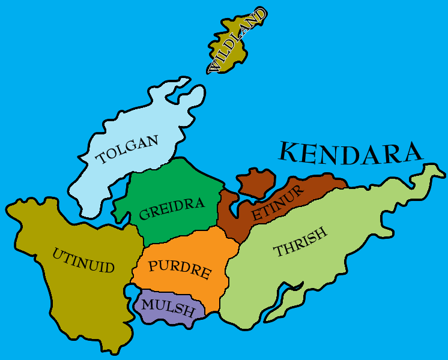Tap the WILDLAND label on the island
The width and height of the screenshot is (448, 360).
[x=237, y=41]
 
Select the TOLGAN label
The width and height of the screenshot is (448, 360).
[x=128, y=150]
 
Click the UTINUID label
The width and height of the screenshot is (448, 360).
[x=83, y=260]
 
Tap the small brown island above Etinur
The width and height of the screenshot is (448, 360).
[x=256, y=182]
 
